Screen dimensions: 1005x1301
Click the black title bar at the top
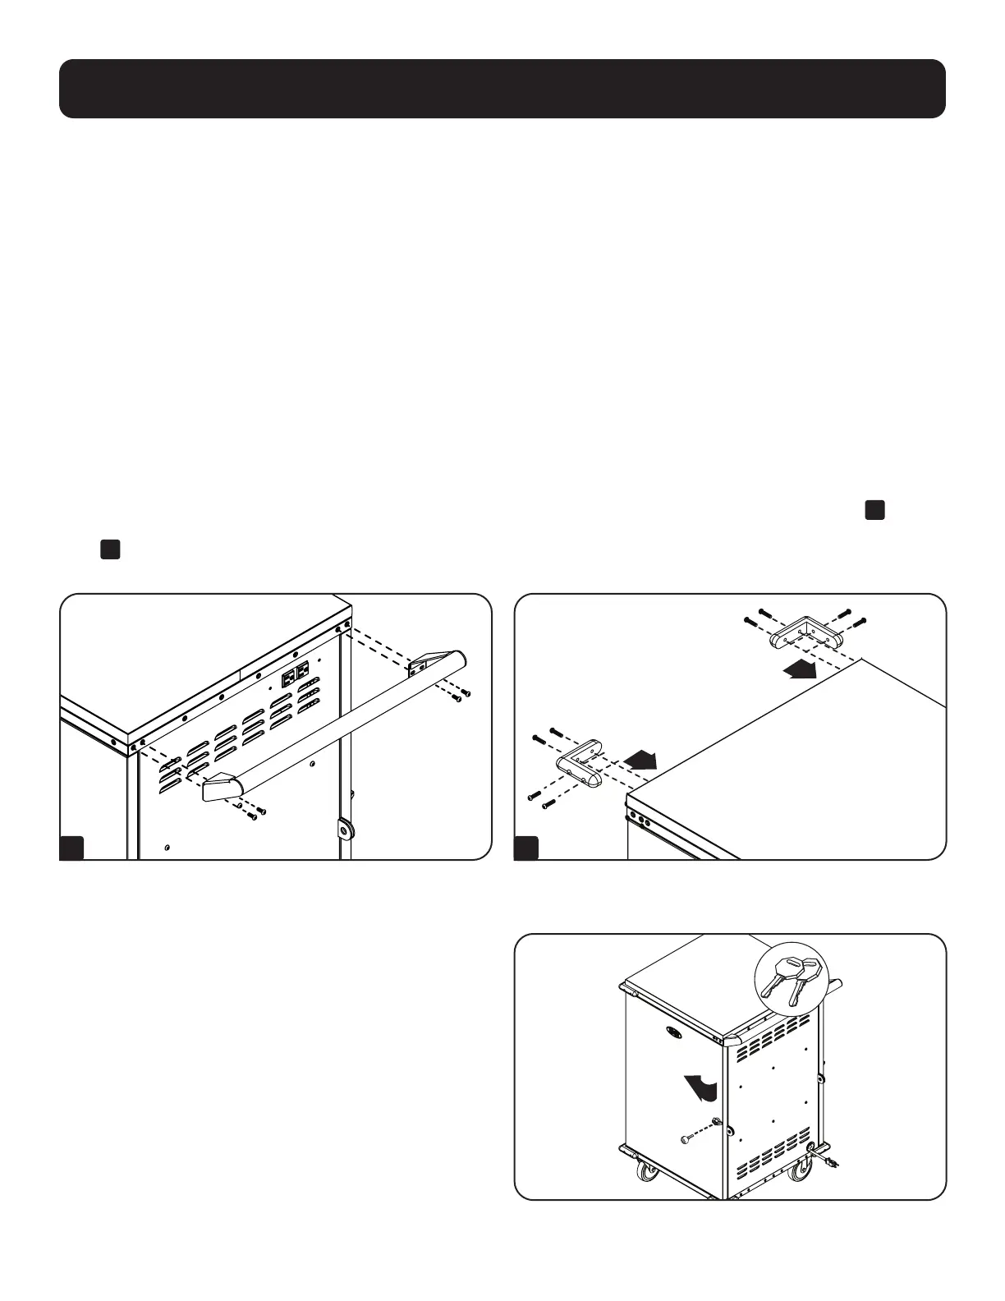click(502, 89)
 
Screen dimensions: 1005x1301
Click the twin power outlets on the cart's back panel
click(296, 675)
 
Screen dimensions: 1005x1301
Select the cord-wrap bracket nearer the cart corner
click(580, 765)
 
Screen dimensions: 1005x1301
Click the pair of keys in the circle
click(792, 979)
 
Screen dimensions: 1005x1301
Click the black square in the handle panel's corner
click(71, 848)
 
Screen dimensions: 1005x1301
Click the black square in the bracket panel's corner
click(525, 848)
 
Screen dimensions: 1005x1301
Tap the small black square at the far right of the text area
click(874, 509)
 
